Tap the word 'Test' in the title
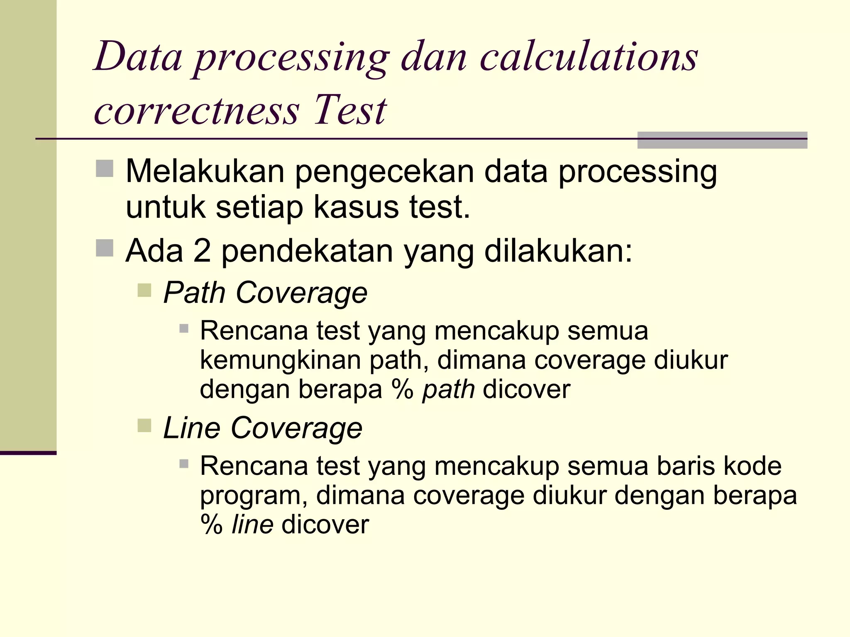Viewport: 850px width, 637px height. (x=350, y=110)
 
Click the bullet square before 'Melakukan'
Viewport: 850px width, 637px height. (x=105, y=169)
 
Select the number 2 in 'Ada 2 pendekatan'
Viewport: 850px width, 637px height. (x=202, y=251)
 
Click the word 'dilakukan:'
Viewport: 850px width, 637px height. (x=558, y=251)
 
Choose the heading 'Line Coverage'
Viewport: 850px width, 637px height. (x=263, y=428)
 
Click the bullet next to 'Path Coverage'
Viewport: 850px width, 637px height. (x=144, y=290)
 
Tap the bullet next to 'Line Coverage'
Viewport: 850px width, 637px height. (x=144, y=425)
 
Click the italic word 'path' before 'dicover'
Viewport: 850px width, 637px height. (x=448, y=390)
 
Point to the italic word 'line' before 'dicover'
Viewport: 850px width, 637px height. (x=252, y=525)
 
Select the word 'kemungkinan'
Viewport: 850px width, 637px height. (x=280, y=360)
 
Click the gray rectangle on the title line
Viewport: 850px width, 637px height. (x=722, y=140)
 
